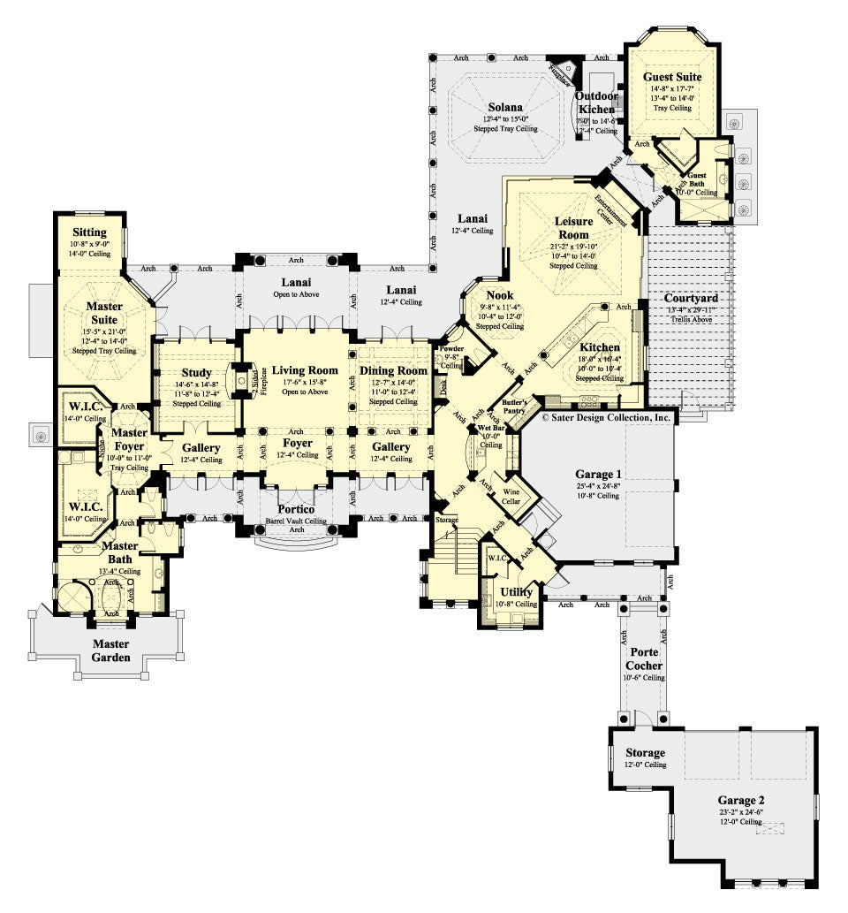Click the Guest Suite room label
tap(672, 78)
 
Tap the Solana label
tap(496, 108)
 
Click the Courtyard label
tap(690, 298)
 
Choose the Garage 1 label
tap(599, 473)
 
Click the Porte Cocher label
tap(644, 658)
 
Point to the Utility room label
tap(516, 591)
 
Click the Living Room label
tap(304, 370)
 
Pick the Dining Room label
tap(393, 370)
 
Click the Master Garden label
tap(111, 650)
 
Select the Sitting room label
tap(90, 232)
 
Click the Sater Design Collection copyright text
tap(608, 416)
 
